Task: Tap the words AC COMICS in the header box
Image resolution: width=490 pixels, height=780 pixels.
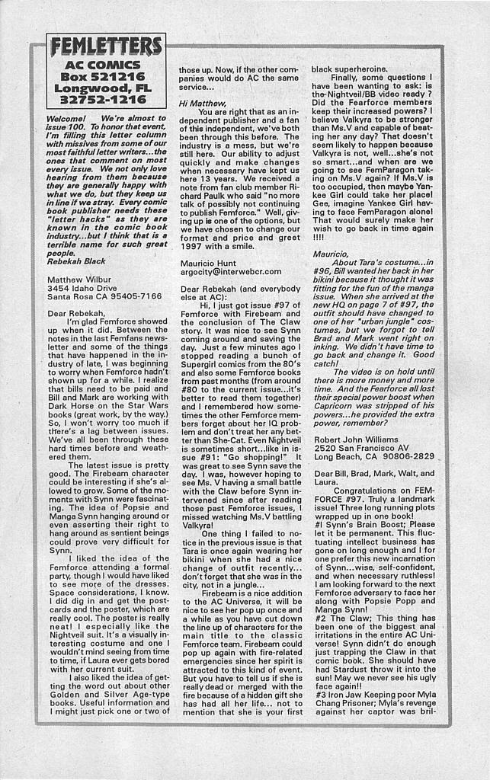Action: (105, 66)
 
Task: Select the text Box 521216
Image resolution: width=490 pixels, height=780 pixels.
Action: (105, 77)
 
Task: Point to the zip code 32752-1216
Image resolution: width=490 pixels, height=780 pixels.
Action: (105, 99)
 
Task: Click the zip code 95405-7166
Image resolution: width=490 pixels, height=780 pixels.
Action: (133, 296)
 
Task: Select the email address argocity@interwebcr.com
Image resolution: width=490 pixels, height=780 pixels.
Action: (230, 271)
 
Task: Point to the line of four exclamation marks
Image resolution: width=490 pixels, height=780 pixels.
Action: (319, 237)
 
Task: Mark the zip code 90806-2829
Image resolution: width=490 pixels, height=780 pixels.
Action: (408, 456)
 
